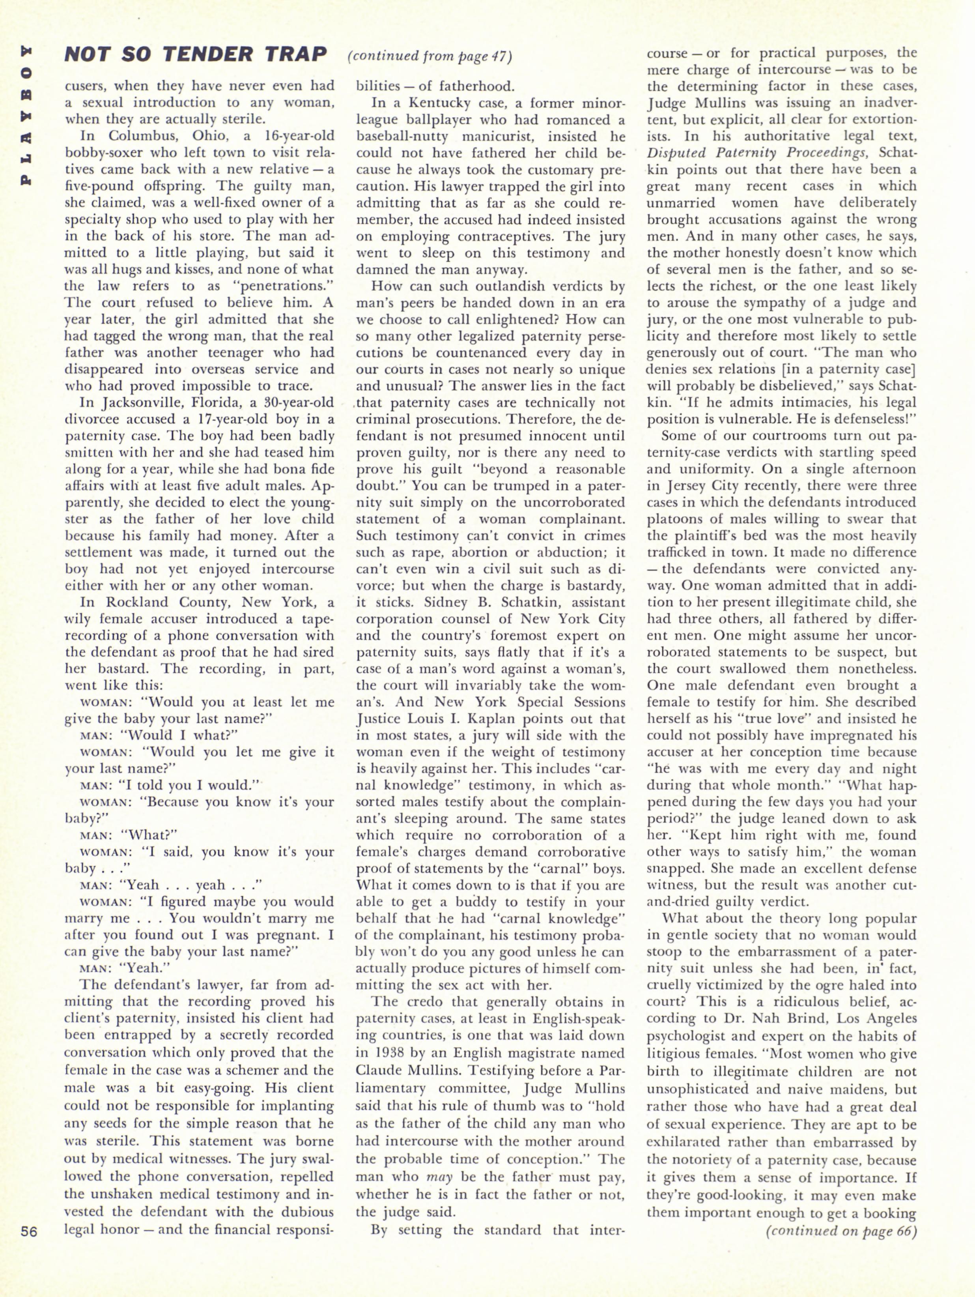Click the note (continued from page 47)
[x=430, y=56]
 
